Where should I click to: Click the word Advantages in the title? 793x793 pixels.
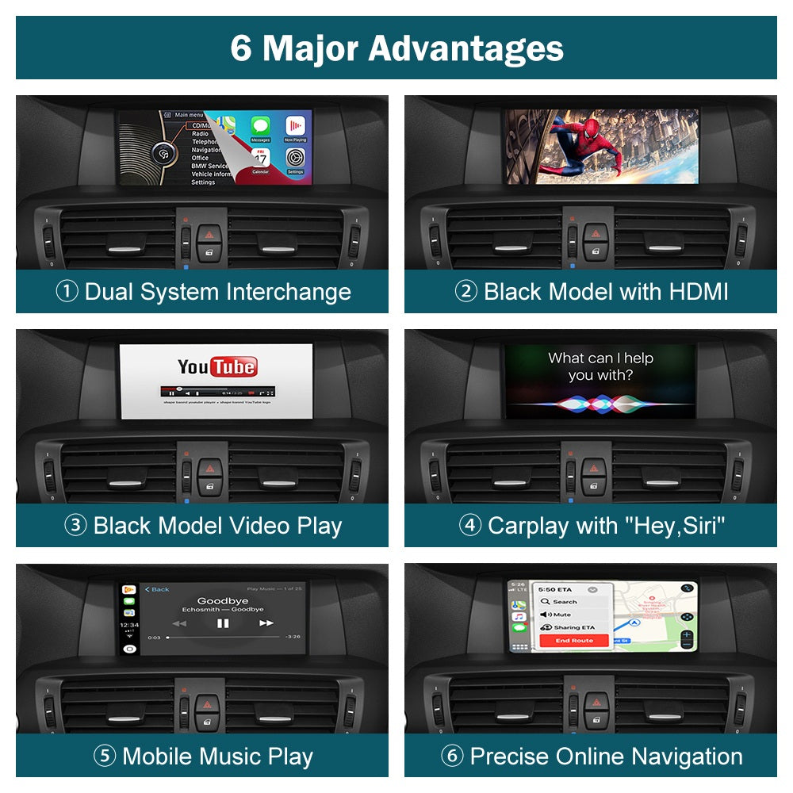[x=465, y=48]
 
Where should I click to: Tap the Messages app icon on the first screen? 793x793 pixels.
[x=260, y=127]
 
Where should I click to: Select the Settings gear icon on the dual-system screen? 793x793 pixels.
[x=295, y=157]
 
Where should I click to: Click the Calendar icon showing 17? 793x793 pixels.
[x=260, y=158]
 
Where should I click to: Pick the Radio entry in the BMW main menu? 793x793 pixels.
[x=200, y=134]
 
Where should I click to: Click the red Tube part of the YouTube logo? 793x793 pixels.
[x=233, y=366]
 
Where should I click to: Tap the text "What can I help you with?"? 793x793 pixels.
[x=600, y=366]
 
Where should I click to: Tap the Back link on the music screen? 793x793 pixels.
[x=157, y=589]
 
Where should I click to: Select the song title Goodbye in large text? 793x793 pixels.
[x=223, y=600]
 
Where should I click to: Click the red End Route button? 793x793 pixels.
[x=573, y=640]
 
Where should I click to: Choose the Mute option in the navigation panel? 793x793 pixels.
[x=561, y=615]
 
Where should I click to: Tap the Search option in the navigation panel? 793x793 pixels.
[x=565, y=602]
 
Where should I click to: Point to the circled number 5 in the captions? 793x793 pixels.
[x=104, y=757]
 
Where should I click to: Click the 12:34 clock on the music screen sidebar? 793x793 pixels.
[x=129, y=625]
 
